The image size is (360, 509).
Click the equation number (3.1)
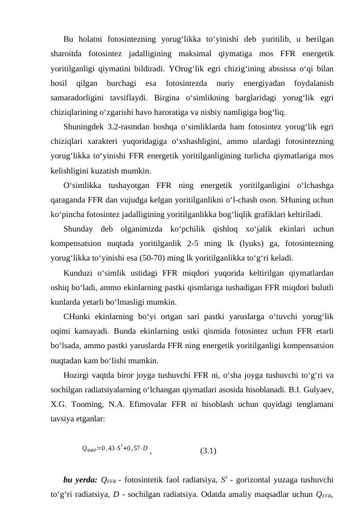tap(208, 450)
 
